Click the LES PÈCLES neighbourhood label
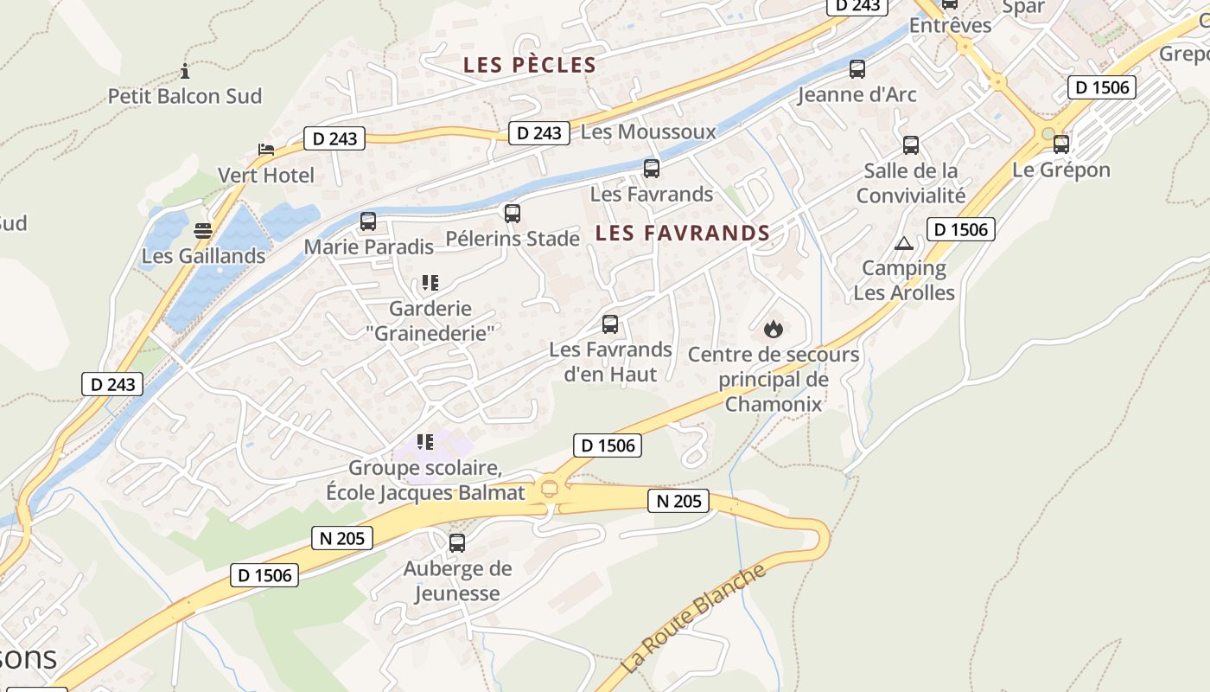[530, 65]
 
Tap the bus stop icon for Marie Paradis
[368, 221]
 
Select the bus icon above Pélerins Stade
[513, 213]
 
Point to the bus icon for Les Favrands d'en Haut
[610, 324]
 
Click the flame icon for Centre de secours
[774, 329]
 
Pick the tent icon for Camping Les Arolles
[904, 243]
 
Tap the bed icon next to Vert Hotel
[266, 150]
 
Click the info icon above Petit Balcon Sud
[184, 71]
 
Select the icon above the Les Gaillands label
[203, 231]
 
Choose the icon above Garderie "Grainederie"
[430, 283]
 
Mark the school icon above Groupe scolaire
[424, 442]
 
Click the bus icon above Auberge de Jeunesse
[457, 543]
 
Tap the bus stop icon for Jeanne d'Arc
[857, 69]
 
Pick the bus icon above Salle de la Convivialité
[911, 144]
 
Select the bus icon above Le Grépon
[1061, 144]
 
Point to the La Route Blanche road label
[694, 618]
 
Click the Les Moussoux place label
[648, 131]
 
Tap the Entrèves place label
[951, 25]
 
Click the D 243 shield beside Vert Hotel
[334, 138]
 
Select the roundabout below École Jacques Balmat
[549, 490]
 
